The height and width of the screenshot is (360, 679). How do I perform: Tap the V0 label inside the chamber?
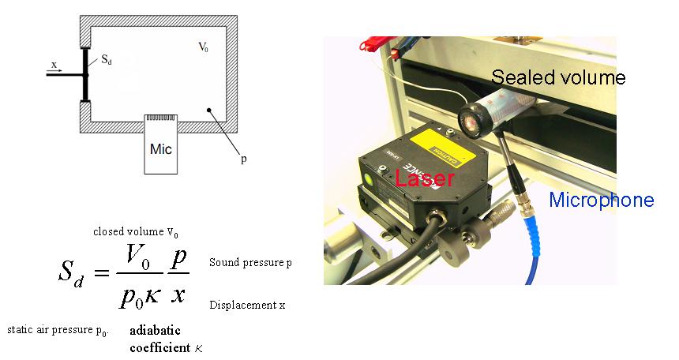coord(204,47)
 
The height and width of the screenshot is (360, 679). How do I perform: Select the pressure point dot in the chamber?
coord(208,111)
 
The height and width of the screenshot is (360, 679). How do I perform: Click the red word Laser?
coord(424,179)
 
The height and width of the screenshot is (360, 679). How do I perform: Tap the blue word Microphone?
coord(601,200)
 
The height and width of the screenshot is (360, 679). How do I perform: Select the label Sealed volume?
coord(557,77)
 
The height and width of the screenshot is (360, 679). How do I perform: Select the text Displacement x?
coord(246,305)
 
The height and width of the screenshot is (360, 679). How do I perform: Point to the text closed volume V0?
coord(135,233)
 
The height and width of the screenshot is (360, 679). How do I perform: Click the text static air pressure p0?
coord(56,329)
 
